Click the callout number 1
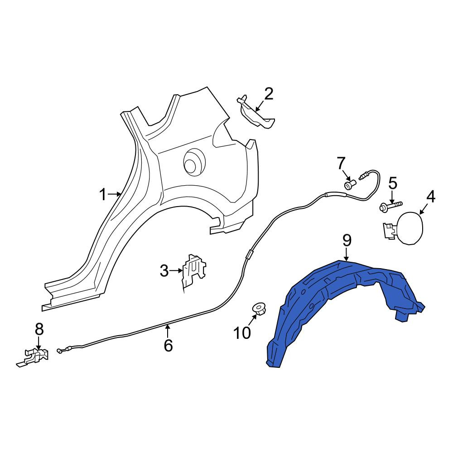click(x=103, y=194)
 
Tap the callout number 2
click(x=269, y=94)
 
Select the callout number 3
click(x=164, y=271)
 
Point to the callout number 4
click(x=430, y=197)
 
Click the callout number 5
click(x=393, y=183)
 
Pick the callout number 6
click(x=168, y=345)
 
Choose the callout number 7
click(x=341, y=163)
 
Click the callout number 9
click(x=347, y=241)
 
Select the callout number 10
click(x=242, y=333)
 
